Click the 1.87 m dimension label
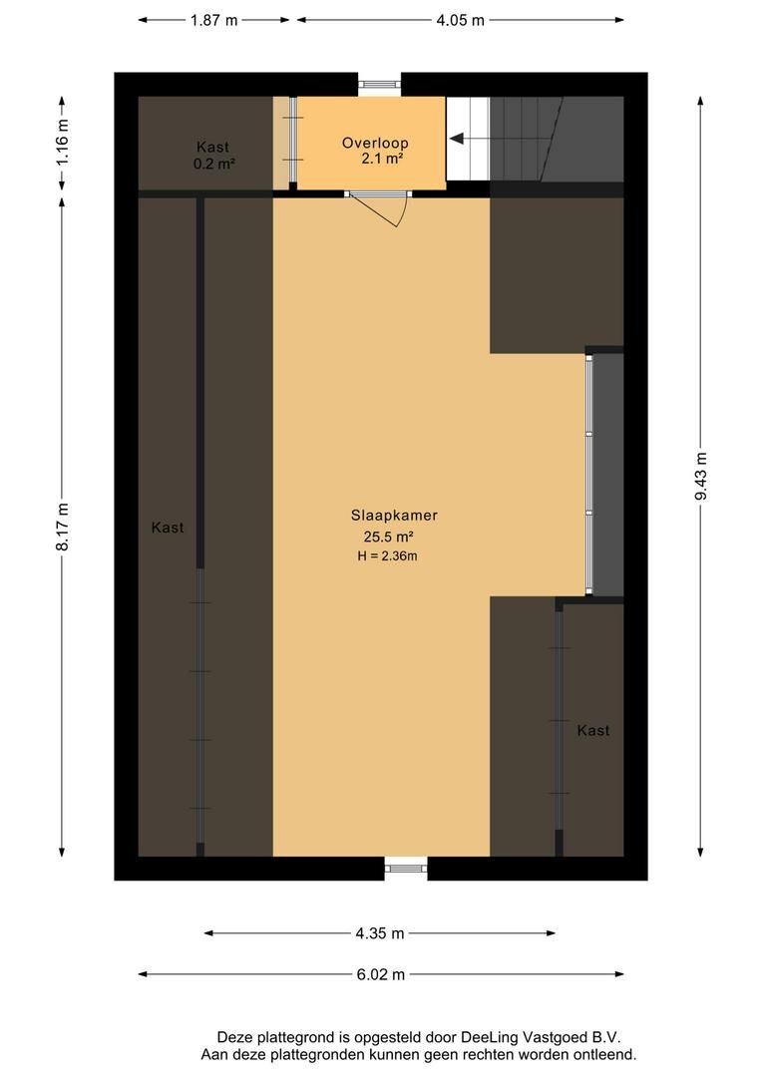[x=213, y=20]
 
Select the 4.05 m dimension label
[x=461, y=20]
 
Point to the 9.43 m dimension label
[x=701, y=477]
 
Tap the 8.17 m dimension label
[x=62, y=527]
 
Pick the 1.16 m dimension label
[x=62, y=142]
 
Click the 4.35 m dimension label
[x=380, y=932]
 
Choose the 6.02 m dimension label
[x=381, y=974]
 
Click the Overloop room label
[x=375, y=143]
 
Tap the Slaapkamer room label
[x=394, y=516]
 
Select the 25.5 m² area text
[x=388, y=538]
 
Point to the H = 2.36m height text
[x=387, y=556]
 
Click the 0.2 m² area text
[x=214, y=164]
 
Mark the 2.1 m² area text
[x=382, y=159]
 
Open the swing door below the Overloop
[x=377, y=208]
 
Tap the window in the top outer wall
[x=379, y=85]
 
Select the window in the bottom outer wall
[x=405, y=869]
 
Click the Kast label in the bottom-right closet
[x=593, y=730]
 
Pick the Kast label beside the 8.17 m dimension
[x=168, y=528]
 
